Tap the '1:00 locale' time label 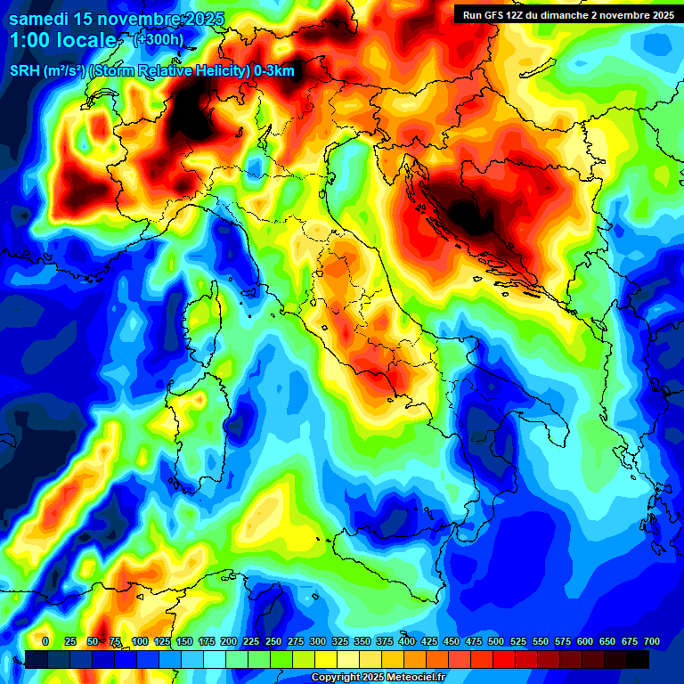[62, 40]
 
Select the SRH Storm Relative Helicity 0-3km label [151, 71]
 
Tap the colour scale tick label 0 [45, 641]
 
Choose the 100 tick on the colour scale [139, 641]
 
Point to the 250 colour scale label [273, 641]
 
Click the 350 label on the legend [362, 641]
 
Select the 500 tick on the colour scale [495, 641]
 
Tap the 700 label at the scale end [651, 641]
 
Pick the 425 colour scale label [428, 641]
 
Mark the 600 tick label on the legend [584, 641]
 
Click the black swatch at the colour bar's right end [638, 659]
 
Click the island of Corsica [203, 321]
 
